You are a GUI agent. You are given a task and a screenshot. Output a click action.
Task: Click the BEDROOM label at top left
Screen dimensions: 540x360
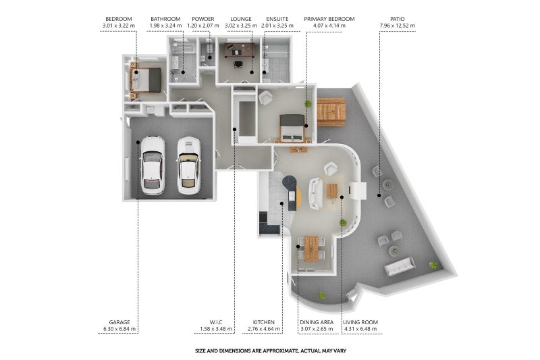coord(119,19)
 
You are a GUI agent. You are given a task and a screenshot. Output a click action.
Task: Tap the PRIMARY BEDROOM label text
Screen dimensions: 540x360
coord(329,19)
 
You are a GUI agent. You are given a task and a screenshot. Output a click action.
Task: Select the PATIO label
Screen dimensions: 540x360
coord(398,19)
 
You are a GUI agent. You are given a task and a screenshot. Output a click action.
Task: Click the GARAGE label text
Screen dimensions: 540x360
coord(119,322)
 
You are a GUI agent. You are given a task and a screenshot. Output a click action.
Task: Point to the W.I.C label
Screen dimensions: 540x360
coord(216,322)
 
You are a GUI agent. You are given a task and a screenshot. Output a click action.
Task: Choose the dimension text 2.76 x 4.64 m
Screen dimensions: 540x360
coord(264,329)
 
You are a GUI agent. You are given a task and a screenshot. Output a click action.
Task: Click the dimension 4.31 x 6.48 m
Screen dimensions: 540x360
coord(360,329)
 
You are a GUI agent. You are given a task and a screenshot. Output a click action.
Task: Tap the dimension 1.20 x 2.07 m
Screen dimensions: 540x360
coord(203,26)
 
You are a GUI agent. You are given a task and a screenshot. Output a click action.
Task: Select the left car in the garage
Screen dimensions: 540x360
coord(153,165)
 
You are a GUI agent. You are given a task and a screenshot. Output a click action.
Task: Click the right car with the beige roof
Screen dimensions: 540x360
coord(188,165)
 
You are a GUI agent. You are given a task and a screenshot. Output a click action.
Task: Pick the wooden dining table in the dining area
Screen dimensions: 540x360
coord(311,249)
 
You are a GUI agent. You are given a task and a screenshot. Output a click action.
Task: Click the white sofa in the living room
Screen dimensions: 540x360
coord(316,194)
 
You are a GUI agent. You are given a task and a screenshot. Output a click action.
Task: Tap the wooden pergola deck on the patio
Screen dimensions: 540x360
coord(331,112)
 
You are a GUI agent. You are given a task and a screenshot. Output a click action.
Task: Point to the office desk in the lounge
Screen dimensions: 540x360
coord(240,50)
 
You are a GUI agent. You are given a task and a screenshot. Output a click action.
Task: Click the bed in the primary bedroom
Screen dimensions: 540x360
coord(292,128)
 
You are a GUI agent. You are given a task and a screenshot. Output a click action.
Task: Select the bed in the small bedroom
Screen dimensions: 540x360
coord(146,80)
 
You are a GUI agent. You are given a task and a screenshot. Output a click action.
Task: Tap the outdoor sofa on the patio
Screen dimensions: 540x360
coord(400,266)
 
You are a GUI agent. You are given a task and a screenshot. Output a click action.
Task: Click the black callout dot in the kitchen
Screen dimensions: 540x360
coord(281,203)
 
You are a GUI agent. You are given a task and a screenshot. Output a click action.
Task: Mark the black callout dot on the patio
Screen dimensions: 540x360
coord(379,195)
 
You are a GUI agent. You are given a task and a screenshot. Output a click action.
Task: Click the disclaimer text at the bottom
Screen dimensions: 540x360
coord(271,351)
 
